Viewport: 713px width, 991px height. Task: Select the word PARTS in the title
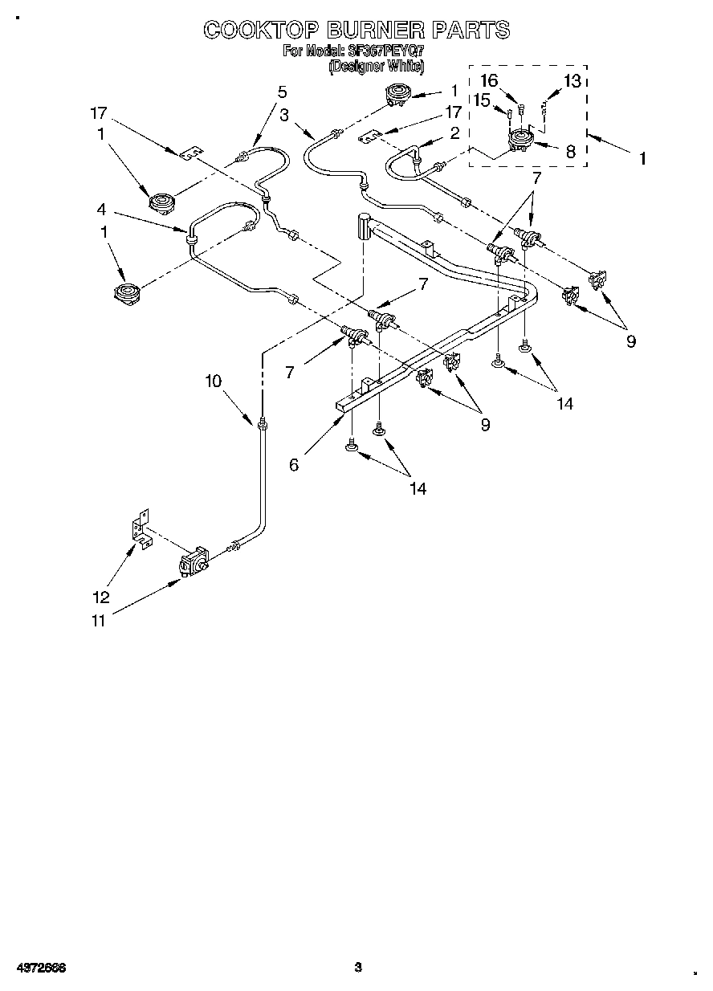471,31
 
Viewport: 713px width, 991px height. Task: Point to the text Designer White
376,66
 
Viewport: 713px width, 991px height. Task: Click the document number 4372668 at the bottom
39,968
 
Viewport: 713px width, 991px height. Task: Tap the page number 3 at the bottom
358,968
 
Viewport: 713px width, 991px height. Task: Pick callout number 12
100,597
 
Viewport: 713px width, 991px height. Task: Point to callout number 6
295,464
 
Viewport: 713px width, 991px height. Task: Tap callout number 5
282,92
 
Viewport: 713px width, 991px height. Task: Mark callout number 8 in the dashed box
571,150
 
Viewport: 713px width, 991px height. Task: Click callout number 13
572,80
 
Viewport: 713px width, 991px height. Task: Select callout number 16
489,80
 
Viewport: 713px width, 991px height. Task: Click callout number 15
480,100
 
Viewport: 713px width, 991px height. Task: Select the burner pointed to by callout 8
523,143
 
